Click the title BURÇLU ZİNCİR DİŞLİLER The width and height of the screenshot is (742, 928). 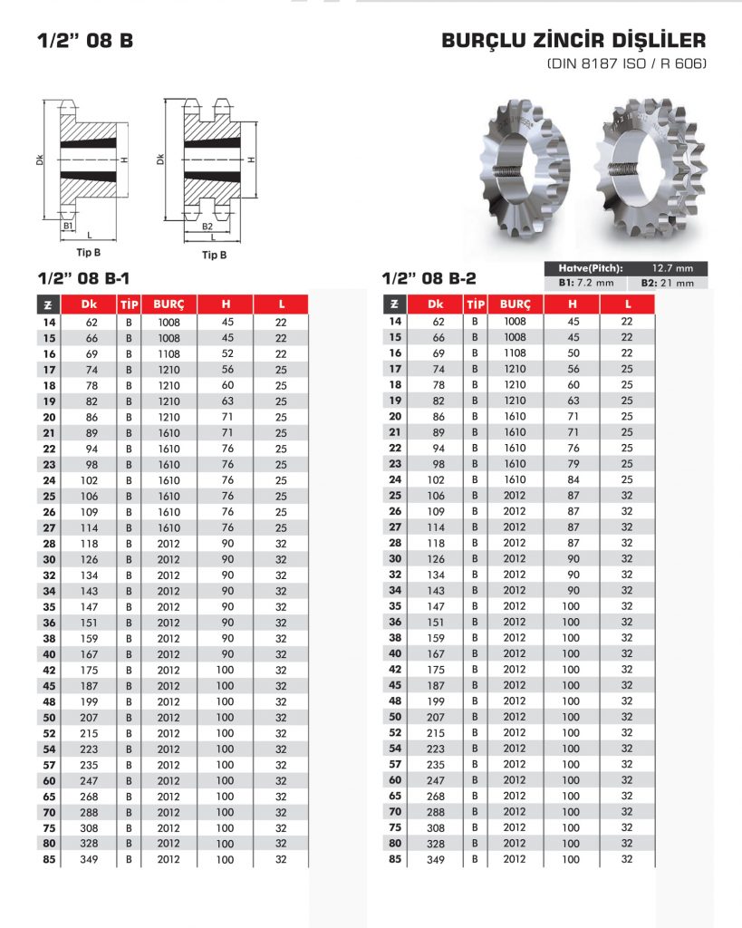click(573, 42)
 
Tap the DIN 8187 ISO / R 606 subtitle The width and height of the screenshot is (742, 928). click(626, 64)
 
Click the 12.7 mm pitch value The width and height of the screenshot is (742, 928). click(672, 268)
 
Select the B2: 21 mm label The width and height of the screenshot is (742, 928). click(668, 283)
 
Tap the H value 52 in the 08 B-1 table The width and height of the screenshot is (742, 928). click(226, 353)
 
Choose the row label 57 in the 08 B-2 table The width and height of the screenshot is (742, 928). click(394, 764)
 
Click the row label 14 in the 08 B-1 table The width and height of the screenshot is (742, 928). click(48, 322)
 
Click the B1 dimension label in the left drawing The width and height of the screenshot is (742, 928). click(68, 225)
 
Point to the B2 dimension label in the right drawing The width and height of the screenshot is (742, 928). click(207, 226)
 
